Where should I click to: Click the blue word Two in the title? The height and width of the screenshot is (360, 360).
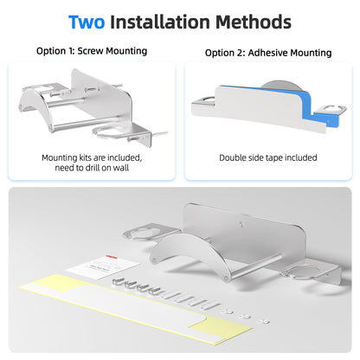[87, 22]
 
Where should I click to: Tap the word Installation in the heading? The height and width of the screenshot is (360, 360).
[160, 22]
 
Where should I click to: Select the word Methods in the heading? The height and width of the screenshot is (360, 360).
[254, 22]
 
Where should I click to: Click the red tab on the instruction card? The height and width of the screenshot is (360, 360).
[111, 257]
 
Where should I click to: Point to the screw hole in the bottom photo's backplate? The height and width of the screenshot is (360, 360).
[241, 224]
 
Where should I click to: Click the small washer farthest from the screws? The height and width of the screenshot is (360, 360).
[263, 320]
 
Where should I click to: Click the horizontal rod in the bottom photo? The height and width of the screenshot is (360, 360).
[254, 265]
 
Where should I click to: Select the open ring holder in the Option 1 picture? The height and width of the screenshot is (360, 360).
[115, 132]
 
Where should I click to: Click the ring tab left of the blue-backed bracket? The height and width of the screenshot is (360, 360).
[203, 102]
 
